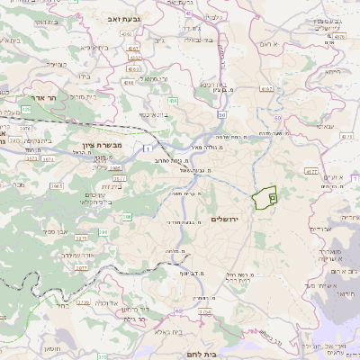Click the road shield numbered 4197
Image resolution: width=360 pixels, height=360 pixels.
tap(266, 88)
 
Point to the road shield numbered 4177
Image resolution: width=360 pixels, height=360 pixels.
tap(311, 169)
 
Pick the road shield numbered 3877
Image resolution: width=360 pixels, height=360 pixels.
tap(81, 266)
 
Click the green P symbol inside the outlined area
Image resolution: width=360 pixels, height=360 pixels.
tap(274, 195)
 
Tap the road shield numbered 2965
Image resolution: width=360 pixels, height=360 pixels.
tap(57, 184)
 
